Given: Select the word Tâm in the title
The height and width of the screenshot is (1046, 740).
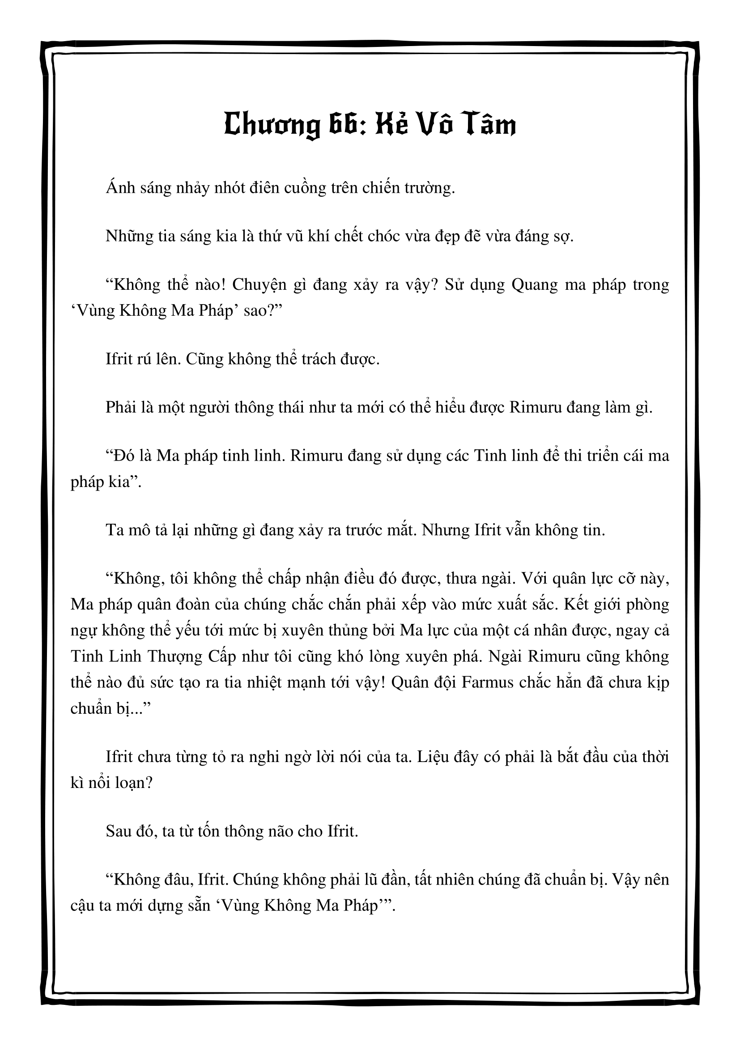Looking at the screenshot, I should tap(489, 125).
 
